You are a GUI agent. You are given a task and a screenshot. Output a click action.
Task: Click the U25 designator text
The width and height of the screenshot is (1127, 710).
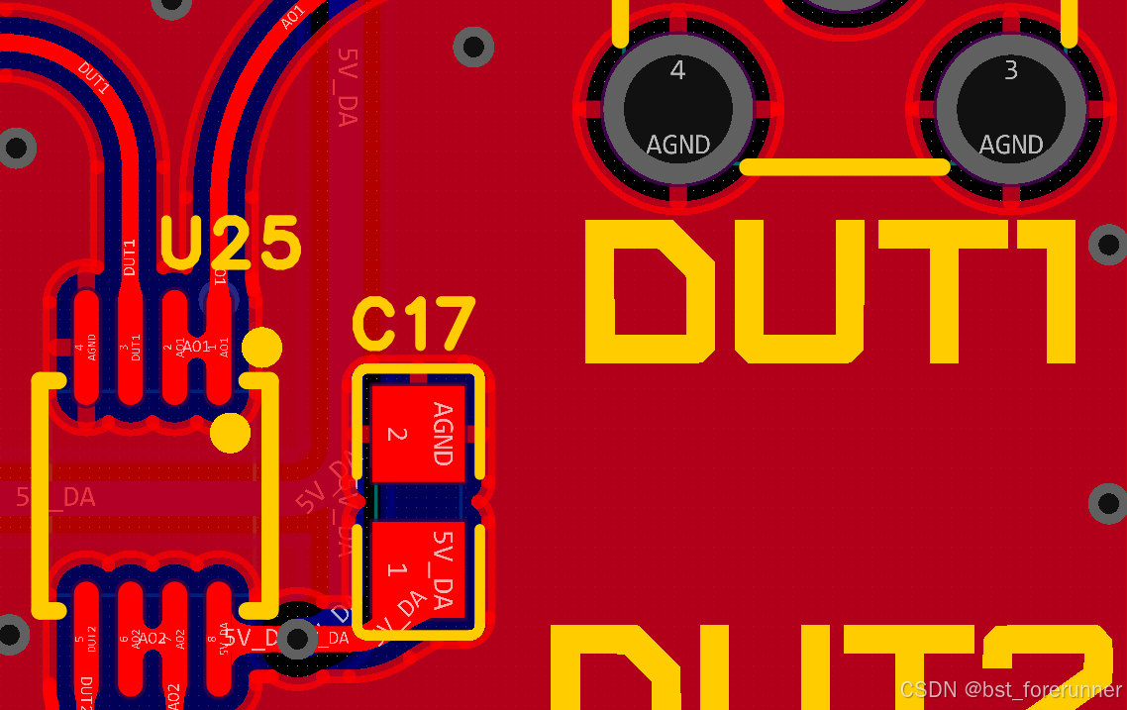(230, 244)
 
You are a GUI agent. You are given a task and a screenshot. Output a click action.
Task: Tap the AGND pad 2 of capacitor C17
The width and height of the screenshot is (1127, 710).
(416, 434)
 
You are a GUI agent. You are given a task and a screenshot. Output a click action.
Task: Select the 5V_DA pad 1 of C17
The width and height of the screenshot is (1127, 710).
(416, 571)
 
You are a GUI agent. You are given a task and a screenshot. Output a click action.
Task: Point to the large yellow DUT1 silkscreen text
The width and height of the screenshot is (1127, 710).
(830, 291)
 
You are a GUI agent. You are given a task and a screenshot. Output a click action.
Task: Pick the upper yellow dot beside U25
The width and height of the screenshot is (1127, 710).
(262, 347)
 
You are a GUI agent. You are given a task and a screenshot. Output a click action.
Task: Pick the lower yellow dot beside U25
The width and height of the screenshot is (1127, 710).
(231, 433)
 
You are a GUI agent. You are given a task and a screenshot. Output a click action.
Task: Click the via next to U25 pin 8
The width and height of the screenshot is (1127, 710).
(296, 639)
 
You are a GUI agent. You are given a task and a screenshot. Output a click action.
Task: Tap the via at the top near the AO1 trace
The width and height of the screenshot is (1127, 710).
(473, 46)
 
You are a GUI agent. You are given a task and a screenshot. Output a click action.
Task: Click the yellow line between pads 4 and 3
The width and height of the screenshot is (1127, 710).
(845, 167)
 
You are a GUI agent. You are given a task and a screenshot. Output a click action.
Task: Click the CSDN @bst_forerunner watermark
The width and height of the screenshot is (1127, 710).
(1010, 689)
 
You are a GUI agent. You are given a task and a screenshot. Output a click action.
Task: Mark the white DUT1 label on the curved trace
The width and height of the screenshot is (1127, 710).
(93, 79)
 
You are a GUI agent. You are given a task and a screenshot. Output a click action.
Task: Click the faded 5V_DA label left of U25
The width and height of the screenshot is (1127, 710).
(56, 497)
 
